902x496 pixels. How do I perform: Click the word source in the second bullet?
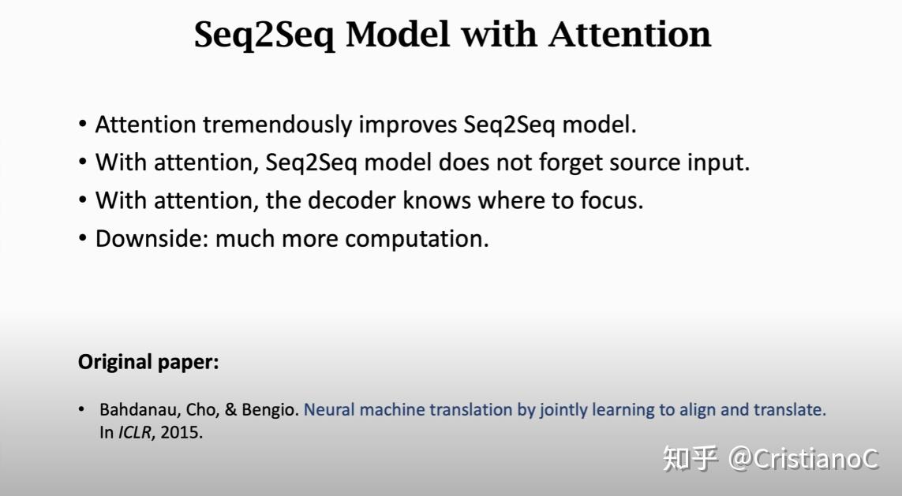tap(646, 162)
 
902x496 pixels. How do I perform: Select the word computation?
tap(417, 238)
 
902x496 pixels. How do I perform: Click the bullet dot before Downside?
tap(83, 239)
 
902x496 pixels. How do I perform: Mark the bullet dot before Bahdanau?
tap(82, 410)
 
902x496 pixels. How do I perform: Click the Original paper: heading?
tap(148, 363)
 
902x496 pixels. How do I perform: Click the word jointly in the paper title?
tap(564, 410)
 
